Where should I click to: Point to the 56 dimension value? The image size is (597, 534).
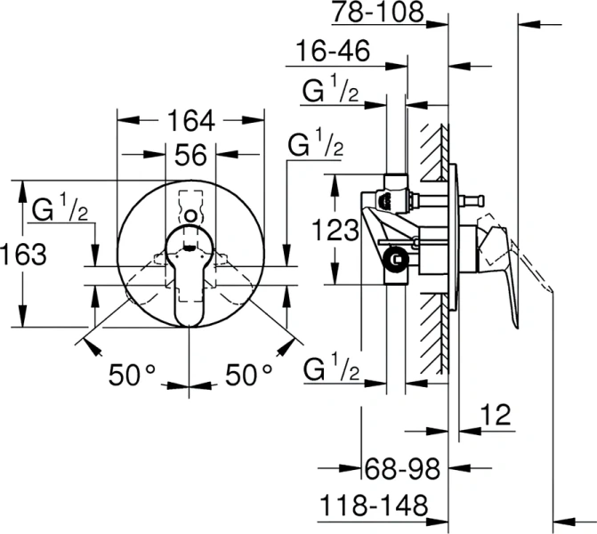[x=190, y=156]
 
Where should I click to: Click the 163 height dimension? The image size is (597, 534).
[x=23, y=255]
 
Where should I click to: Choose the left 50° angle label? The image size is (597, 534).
[x=133, y=376]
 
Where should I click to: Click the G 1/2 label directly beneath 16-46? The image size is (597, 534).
[x=331, y=91]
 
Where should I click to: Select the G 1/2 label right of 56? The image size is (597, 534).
[x=315, y=144]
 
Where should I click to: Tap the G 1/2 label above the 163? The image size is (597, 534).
[x=60, y=210]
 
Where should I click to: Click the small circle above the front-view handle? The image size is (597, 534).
[x=190, y=214]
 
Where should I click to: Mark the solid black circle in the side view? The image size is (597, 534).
[x=396, y=261]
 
